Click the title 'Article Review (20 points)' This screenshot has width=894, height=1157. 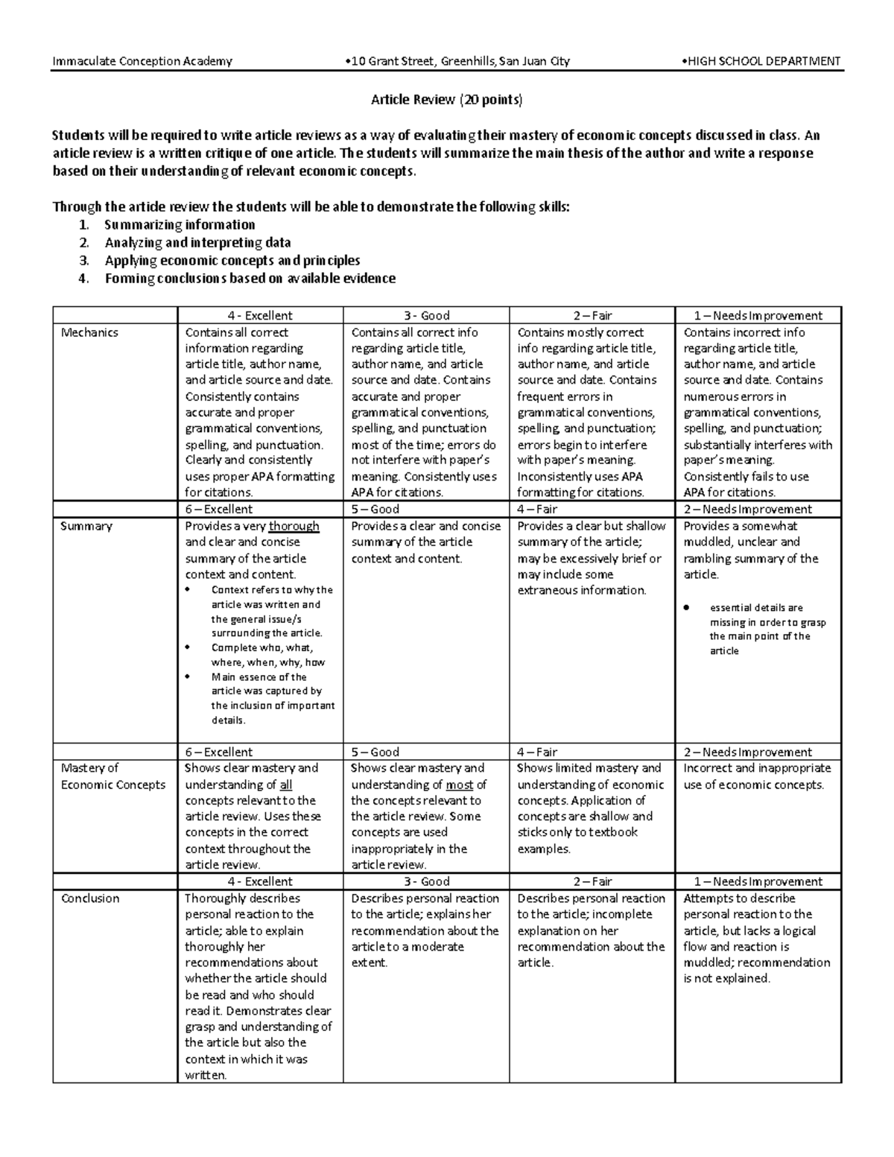(x=447, y=99)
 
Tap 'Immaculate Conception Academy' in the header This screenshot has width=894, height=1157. (x=142, y=61)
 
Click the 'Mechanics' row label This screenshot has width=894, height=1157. (x=89, y=332)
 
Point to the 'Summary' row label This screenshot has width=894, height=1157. (x=86, y=526)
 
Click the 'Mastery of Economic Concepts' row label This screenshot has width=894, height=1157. (x=112, y=776)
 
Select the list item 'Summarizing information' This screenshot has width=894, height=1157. (x=180, y=225)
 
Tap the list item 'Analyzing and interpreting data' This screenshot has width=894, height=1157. (x=197, y=243)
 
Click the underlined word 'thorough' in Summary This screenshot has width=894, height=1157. (x=294, y=526)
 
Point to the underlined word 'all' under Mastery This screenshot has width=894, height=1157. (x=285, y=784)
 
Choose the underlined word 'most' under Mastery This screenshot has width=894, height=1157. (x=459, y=784)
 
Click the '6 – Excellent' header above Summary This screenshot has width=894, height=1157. (x=218, y=510)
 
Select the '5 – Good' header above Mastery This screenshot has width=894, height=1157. (x=375, y=752)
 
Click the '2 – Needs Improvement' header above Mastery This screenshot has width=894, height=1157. (x=747, y=752)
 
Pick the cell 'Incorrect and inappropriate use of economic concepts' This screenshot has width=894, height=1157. (x=756, y=776)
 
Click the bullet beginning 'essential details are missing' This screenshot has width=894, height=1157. (x=767, y=630)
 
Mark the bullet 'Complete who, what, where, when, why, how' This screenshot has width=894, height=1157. (x=267, y=655)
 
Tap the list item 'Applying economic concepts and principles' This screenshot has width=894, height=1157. (x=232, y=261)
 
